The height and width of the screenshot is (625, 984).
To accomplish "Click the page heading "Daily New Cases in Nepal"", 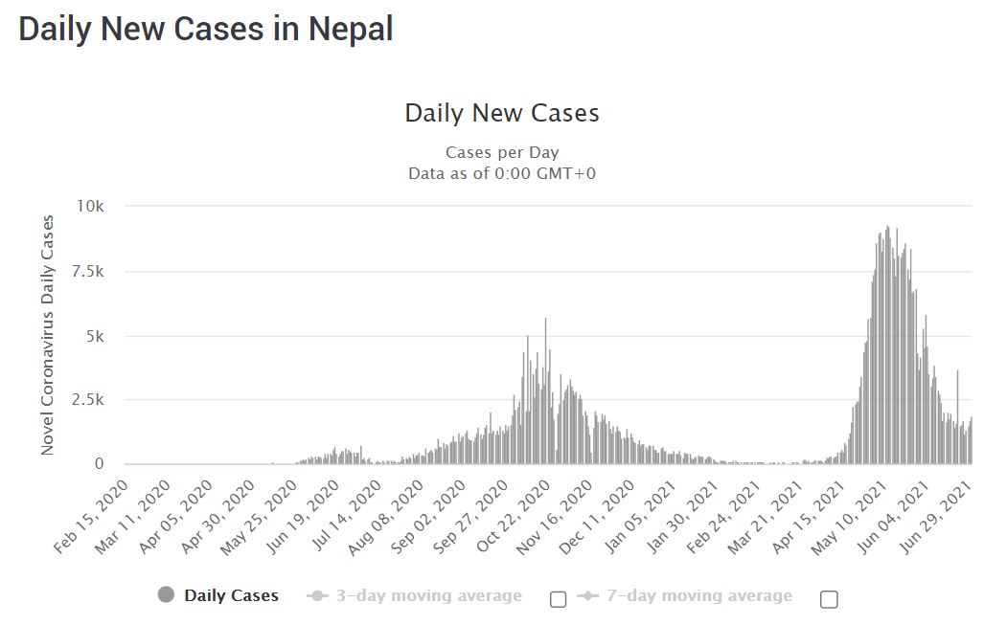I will click(x=205, y=28).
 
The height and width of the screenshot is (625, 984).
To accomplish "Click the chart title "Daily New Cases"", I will click(x=501, y=113).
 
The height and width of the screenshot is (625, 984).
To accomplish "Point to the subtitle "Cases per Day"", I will click(x=501, y=153).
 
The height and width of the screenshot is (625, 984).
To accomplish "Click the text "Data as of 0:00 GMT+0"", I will click(x=501, y=173).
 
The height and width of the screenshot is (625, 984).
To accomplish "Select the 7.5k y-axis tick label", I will click(x=98, y=272).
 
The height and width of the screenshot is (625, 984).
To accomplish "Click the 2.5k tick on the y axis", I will click(x=98, y=400).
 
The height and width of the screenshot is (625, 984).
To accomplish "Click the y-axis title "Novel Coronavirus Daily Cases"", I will click(x=47, y=335).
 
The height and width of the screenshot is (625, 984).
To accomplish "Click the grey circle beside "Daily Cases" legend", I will click(x=167, y=595).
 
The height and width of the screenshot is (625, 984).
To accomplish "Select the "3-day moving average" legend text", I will click(x=428, y=596).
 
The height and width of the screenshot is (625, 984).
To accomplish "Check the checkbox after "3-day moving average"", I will click(x=559, y=599).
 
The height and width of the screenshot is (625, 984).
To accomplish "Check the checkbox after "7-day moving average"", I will click(x=830, y=599).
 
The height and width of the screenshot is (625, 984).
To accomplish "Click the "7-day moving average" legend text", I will click(x=698, y=596).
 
